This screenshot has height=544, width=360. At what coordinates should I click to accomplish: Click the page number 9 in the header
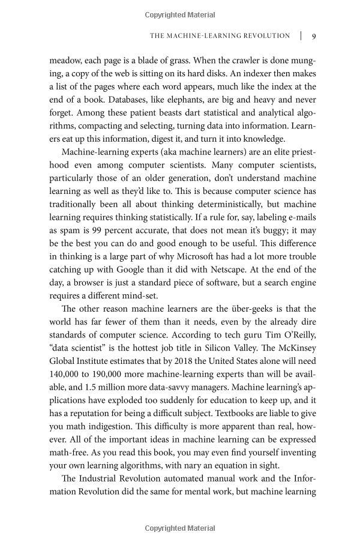tap(314, 36)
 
